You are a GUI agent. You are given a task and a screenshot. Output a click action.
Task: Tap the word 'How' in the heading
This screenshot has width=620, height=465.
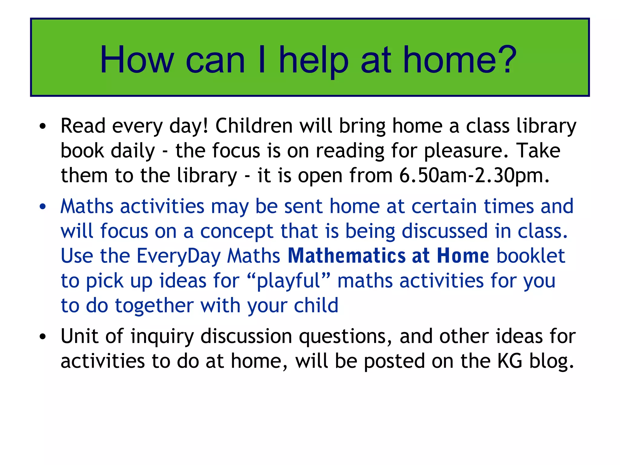pyautogui.click(x=137, y=60)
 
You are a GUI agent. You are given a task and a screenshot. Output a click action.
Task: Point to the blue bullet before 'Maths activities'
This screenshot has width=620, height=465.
pyautogui.click(x=43, y=207)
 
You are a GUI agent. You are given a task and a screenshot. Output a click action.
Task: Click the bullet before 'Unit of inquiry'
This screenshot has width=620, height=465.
pyautogui.click(x=43, y=337)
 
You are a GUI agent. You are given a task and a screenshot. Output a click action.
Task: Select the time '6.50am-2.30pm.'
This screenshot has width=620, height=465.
pyautogui.click(x=474, y=176)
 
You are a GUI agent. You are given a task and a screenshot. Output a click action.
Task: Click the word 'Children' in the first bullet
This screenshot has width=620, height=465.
pyautogui.click(x=254, y=126)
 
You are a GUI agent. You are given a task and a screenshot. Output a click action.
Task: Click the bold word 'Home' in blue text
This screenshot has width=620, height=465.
pyautogui.click(x=463, y=256)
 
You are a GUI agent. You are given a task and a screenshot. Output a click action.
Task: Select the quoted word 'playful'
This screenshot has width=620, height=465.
pyautogui.click(x=289, y=281)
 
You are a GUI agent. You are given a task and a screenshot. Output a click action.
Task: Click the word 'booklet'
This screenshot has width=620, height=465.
pyautogui.click(x=531, y=256)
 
